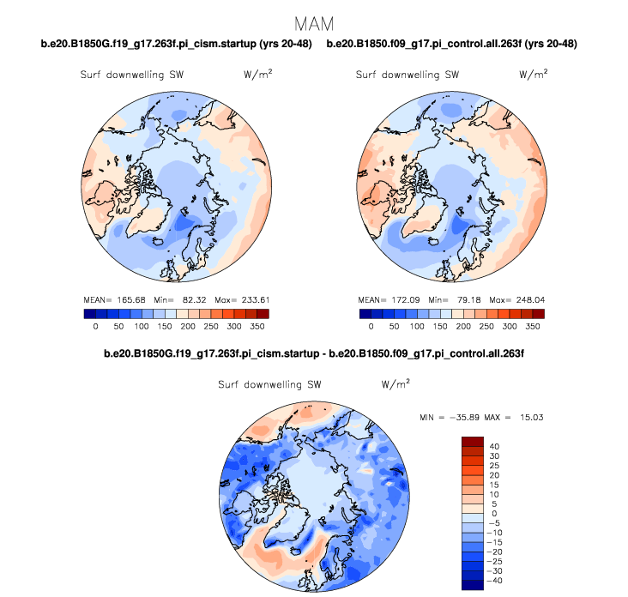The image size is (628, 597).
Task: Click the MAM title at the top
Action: point(314,21)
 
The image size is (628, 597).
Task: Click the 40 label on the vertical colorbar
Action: point(494,446)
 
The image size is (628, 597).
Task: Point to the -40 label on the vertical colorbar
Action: point(497,580)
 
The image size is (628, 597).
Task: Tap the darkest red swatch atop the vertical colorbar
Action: point(474,441)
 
